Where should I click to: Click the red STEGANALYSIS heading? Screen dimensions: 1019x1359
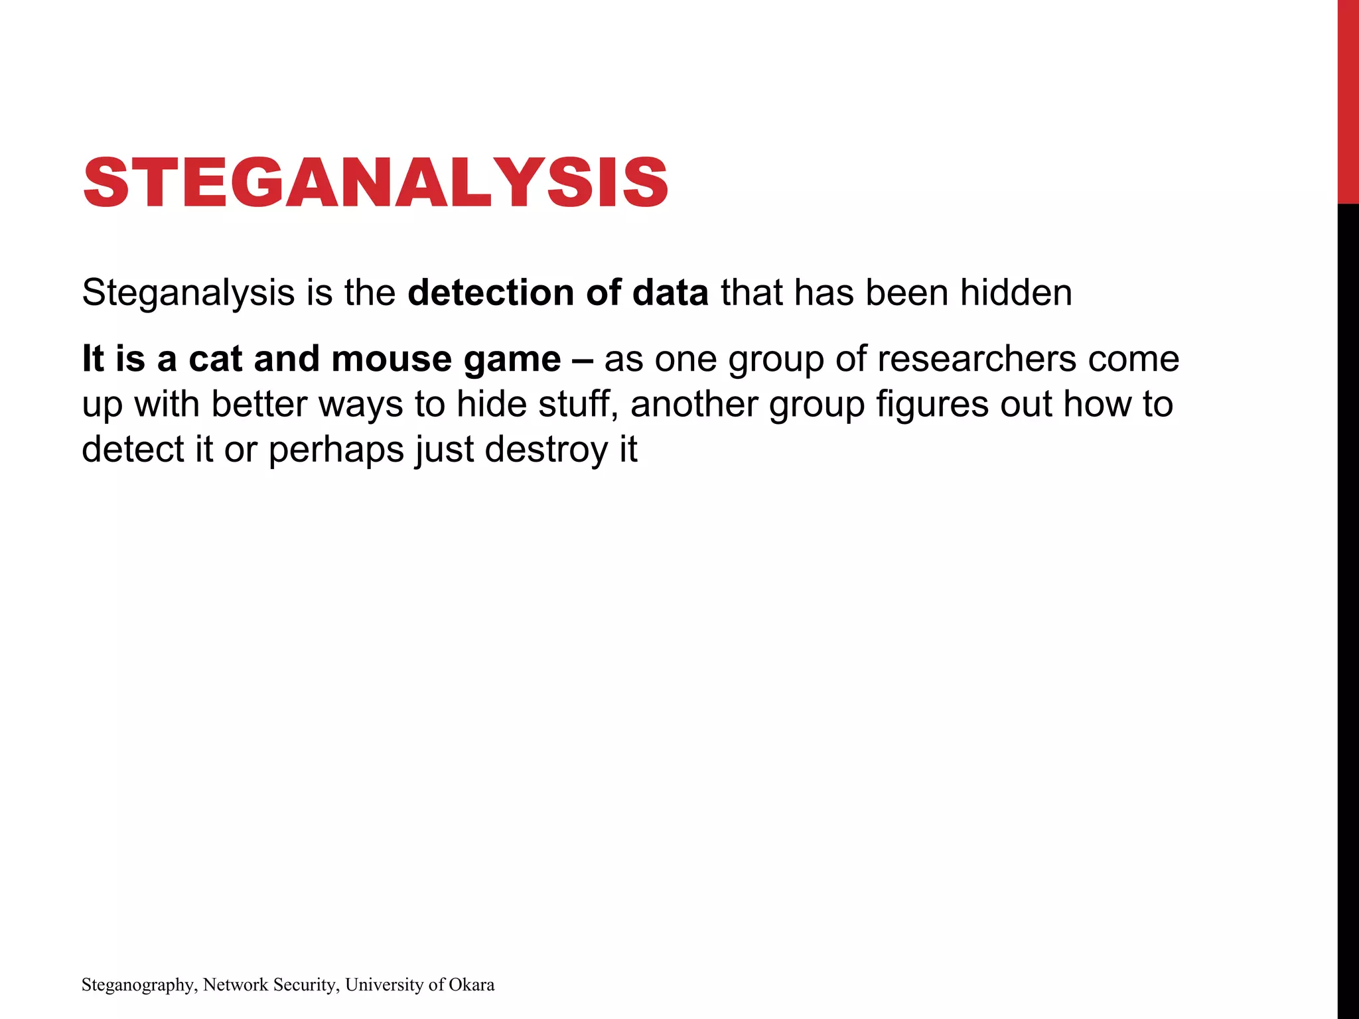376,182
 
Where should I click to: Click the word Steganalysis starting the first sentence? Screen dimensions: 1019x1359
188,293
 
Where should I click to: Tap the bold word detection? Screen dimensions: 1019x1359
491,293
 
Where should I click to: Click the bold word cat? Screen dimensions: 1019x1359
216,359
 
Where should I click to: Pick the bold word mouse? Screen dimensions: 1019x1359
392,359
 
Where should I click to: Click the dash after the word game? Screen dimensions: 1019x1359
582,360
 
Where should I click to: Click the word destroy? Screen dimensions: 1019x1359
546,450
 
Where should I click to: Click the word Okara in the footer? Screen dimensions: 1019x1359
471,985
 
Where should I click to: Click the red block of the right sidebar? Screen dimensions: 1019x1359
1348,100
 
